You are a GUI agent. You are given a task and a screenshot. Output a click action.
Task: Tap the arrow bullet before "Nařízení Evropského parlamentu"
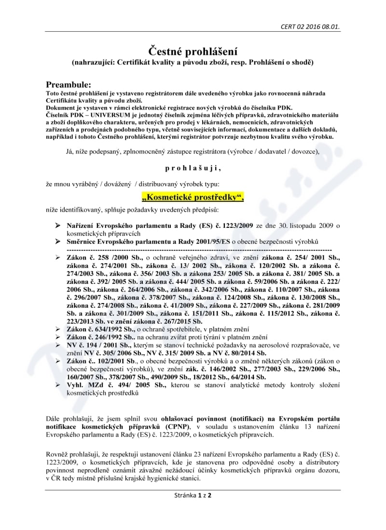[57, 225]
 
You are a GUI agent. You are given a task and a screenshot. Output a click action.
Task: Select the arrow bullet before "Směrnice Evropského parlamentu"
[57, 241]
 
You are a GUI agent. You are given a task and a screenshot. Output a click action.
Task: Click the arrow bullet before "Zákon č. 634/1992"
[57, 329]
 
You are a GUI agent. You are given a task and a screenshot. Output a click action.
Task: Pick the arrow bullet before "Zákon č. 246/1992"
[57, 337]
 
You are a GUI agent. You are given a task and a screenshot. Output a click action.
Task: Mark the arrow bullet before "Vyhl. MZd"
[57, 385]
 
